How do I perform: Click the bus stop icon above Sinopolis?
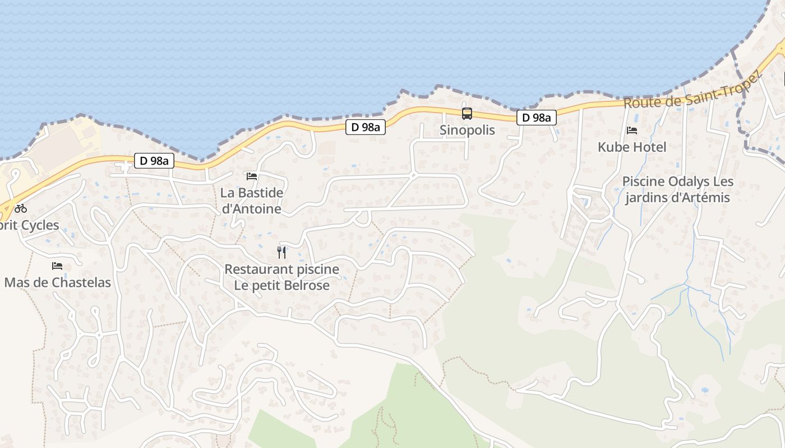pyautogui.click(x=467, y=114)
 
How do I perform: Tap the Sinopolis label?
pyautogui.click(x=467, y=130)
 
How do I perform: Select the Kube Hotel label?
pyautogui.click(x=632, y=147)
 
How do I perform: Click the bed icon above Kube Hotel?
pyautogui.click(x=632, y=130)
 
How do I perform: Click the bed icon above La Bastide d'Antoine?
pyautogui.click(x=252, y=176)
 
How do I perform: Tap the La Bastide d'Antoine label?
pyautogui.click(x=252, y=200)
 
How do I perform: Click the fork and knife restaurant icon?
pyautogui.click(x=281, y=253)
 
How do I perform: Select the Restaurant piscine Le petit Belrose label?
pyautogui.click(x=281, y=277)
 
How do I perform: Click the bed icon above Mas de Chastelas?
pyautogui.click(x=57, y=266)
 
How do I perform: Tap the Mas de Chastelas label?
pyautogui.click(x=57, y=282)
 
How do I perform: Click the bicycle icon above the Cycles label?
pyautogui.click(x=21, y=208)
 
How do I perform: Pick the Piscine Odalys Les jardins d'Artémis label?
pyautogui.click(x=677, y=189)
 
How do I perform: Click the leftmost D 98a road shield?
pyautogui.click(x=154, y=161)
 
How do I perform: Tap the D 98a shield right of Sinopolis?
pyautogui.click(x=537, y=118)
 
